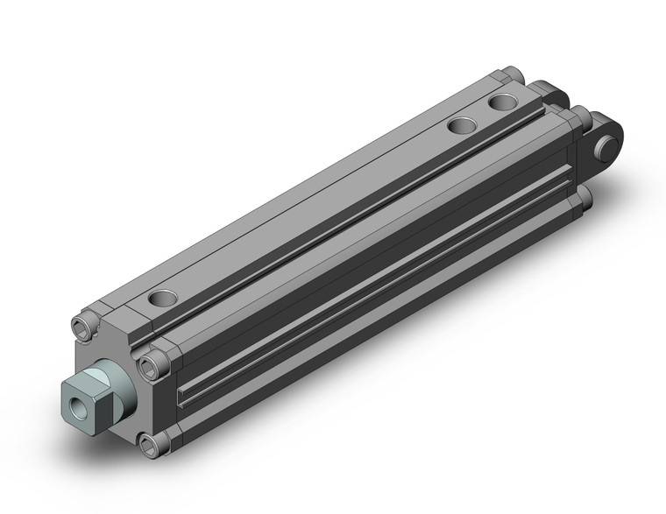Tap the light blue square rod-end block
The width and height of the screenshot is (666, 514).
[x=94, y=392]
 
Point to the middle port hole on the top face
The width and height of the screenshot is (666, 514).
[x=462, y=126]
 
